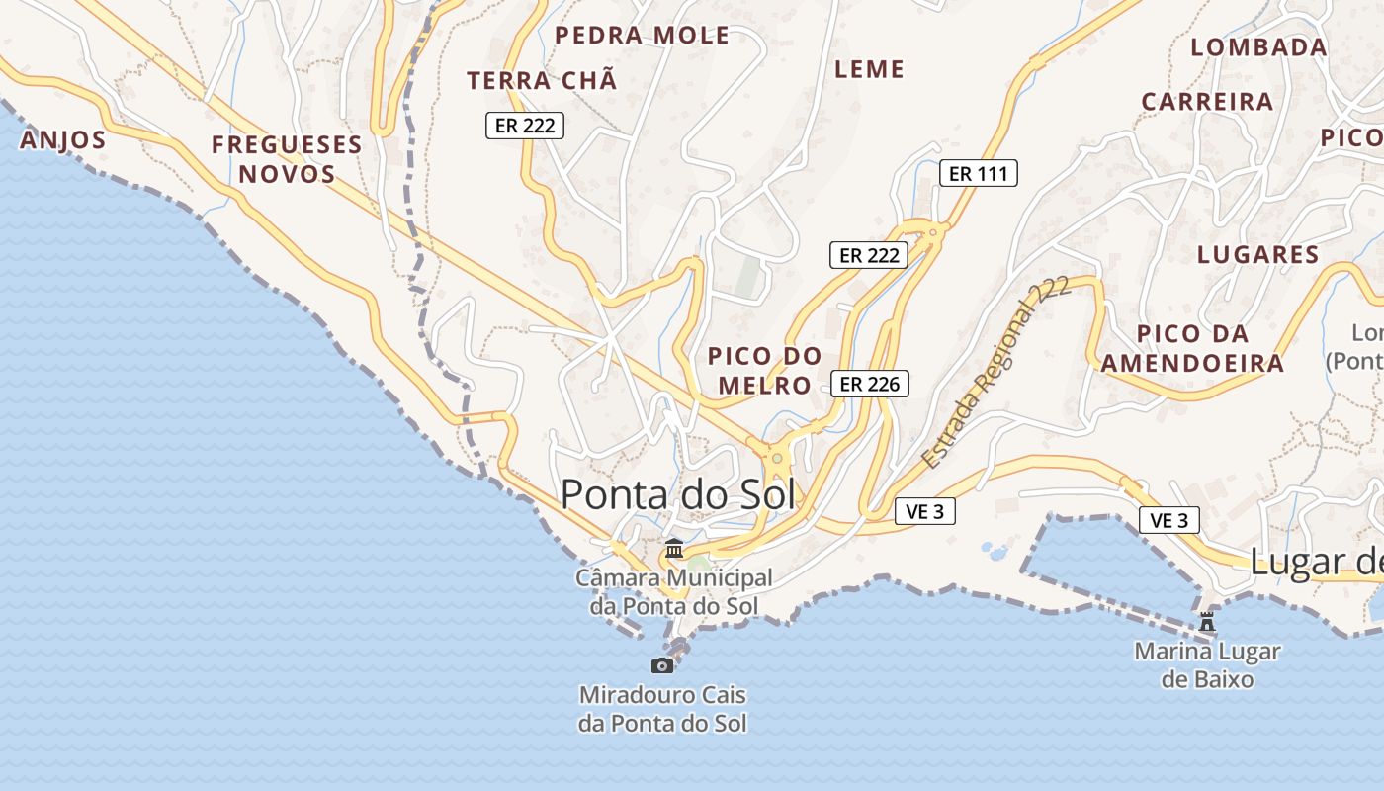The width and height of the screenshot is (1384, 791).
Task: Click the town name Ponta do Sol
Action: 677,494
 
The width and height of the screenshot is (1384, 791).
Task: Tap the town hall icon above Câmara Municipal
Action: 674,548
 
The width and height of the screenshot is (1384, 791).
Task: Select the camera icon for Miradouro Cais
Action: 662,665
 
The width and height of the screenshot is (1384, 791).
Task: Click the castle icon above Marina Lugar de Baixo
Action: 1206,622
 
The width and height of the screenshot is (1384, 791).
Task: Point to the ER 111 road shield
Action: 978,174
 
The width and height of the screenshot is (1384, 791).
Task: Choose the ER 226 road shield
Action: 869,384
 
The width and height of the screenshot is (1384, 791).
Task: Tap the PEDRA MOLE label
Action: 642,37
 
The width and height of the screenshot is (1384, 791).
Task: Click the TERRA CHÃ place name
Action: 542,81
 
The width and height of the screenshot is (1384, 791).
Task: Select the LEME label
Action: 869,69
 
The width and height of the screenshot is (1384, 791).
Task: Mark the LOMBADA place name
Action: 1257,47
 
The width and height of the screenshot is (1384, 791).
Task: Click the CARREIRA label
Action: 1207,102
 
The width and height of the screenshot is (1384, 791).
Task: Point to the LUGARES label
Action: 1257,255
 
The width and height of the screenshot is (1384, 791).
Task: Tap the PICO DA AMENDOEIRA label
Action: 1192,348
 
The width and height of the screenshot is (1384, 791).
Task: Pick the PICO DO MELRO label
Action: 764,370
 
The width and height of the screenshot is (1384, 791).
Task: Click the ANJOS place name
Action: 62,140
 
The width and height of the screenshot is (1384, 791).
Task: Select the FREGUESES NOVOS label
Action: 287,159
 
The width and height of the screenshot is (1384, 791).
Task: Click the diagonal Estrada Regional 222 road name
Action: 995,373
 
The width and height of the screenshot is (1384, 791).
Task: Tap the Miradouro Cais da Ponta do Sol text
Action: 662,709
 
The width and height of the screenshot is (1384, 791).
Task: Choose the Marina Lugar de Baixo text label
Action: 1206,665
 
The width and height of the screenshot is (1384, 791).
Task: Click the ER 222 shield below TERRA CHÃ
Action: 524,126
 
